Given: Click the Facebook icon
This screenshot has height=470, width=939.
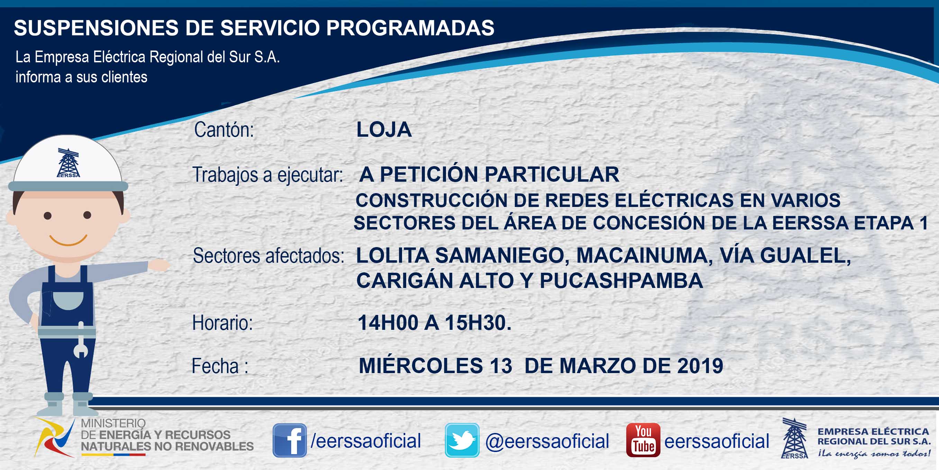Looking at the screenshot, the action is [290, 440].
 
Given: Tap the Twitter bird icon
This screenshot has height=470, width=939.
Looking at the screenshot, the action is [462, 440].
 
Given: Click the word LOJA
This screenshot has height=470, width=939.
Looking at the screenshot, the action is [384, 129].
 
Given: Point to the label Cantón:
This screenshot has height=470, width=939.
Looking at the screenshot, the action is [224, 130].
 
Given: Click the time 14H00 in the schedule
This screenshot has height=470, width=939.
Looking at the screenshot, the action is [388, 323].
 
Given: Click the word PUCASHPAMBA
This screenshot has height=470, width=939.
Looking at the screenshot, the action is [621, 280].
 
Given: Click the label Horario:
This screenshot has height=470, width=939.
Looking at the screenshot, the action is [222, 323].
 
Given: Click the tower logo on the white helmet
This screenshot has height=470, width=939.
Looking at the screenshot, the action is [68, 163].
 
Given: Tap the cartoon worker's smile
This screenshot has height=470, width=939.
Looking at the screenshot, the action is [68, 240].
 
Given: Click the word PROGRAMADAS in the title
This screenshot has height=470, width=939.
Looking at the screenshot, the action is [410, 28].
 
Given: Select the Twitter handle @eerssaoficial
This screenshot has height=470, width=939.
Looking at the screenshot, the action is [547, 441].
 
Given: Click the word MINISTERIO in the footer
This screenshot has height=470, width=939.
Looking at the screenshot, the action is [113, 423].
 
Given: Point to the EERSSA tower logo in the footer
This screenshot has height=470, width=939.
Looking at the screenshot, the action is [795, 438].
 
